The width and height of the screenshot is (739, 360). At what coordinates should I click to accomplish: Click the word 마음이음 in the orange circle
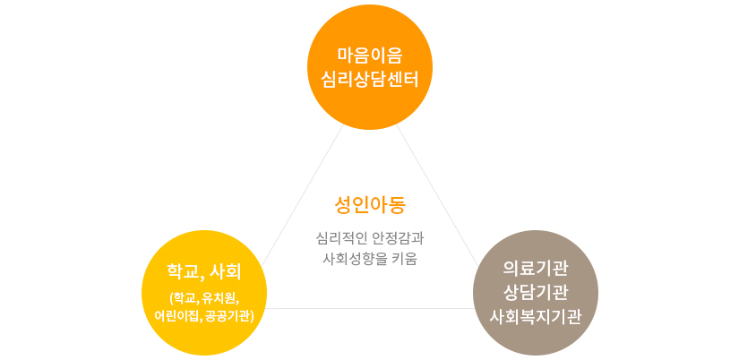click(x=369, y=56)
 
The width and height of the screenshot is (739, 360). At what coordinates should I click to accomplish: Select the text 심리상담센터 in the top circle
click(x=369, y=79)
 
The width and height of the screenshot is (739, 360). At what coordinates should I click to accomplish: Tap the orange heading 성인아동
click(x=369, y=205)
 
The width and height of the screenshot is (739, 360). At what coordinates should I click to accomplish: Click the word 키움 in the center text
click(x=404, y=259)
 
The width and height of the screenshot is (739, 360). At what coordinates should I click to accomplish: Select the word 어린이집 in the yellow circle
click(x=177, y=315)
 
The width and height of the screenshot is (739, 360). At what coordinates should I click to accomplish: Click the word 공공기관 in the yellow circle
click(x=227, y=315)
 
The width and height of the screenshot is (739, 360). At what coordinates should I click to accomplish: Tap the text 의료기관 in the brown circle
click(x=536, y=269)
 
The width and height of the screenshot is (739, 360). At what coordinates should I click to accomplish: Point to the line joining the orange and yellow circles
click(x=303, y=194)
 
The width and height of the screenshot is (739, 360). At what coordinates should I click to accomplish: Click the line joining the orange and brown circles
click(x=437, y=195)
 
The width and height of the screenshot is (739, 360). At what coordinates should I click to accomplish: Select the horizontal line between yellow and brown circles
click(x=370, y=309)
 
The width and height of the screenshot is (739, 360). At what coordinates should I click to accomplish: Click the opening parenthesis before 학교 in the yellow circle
click(x=171, y=298)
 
